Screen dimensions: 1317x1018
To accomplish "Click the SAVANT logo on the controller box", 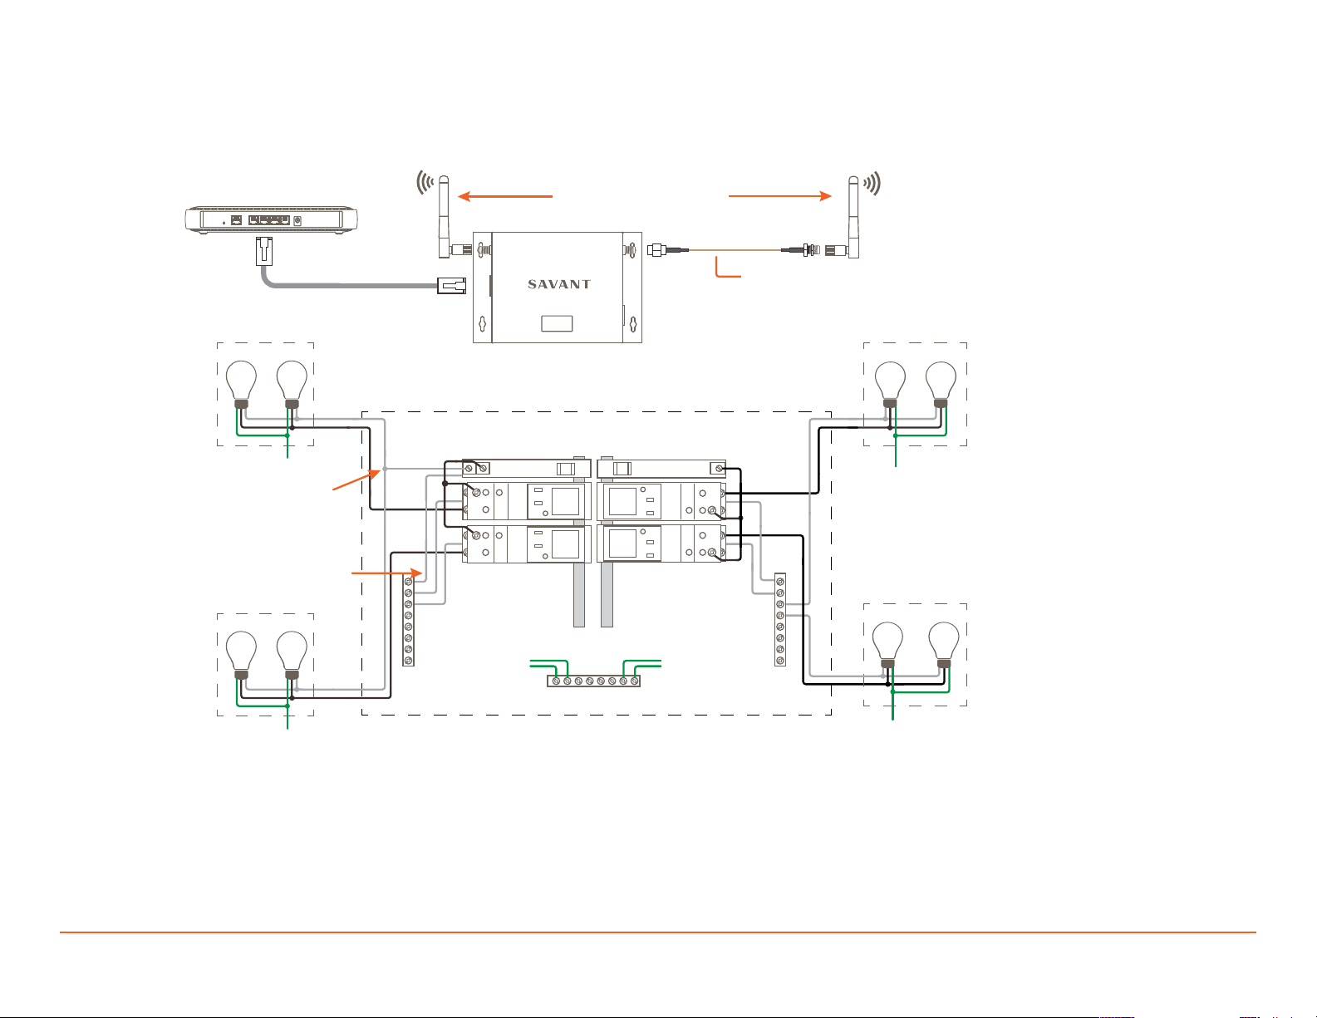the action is (x=559, y=284).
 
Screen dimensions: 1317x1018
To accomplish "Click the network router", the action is (x=271, y=220).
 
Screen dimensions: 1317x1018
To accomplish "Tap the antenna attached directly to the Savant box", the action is (x=444, y=217).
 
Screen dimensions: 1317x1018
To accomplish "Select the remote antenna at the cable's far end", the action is (x=853, y=217).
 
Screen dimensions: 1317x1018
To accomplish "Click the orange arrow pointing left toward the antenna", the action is (x=505, y=196).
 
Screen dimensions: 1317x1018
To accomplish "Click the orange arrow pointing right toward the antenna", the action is (x=780, y=196).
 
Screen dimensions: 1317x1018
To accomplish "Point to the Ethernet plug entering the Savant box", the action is (x=451, y=285).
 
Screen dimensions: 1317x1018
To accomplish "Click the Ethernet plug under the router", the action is (x=264, y=251).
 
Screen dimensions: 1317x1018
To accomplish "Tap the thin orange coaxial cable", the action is (x=735, y=249).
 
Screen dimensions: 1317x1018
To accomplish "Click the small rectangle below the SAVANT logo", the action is (x=557, y=323).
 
